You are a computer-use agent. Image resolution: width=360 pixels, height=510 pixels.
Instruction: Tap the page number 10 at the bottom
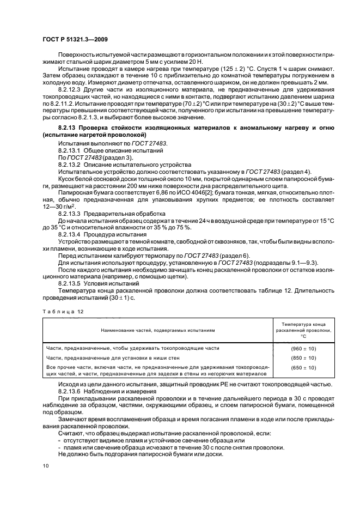pos(45,465)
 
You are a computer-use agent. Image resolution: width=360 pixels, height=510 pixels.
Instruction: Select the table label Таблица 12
pos(58,311)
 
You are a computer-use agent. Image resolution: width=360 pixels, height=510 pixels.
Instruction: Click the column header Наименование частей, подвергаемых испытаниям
pos(157,330)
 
